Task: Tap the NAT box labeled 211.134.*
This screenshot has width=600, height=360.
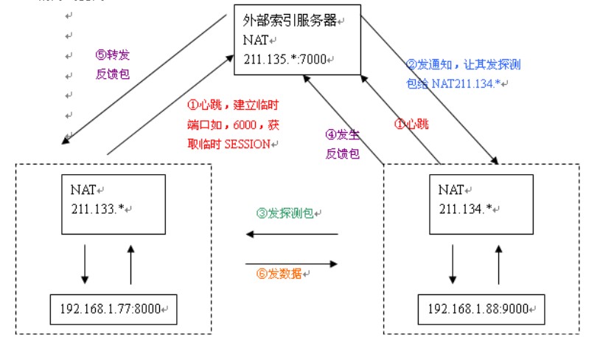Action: coord(481,206)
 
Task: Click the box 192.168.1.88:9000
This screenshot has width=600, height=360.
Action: coord(481,308)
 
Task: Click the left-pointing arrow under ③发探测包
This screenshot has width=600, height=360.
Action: coord(291,235)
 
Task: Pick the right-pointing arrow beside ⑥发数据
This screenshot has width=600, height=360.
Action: coord(291,263)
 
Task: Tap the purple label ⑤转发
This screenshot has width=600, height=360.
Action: coord(113,55)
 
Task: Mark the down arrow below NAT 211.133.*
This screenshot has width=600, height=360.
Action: coord(85,264)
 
